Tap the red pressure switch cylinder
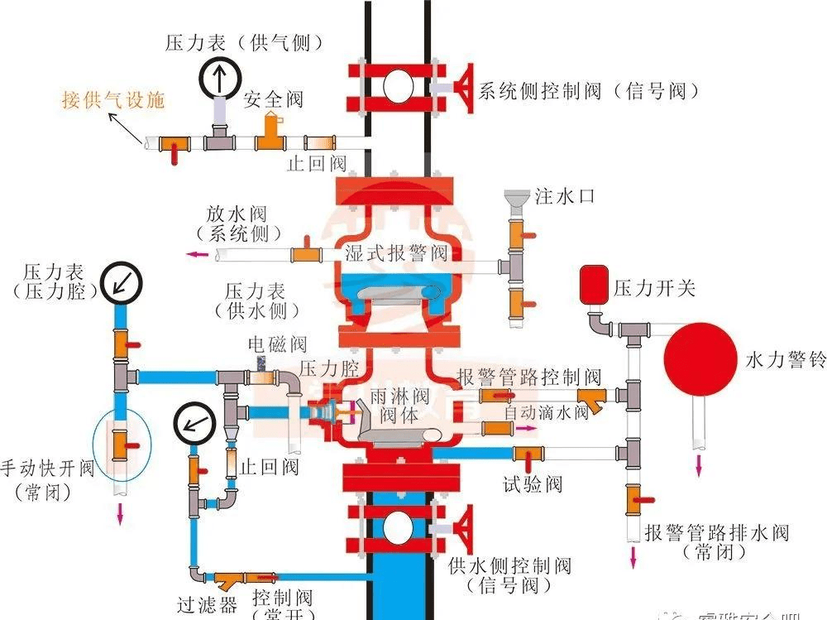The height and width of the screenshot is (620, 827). point(593,283)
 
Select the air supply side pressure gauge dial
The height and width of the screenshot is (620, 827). point(220,80)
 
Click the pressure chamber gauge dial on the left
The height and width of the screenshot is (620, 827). point(122,282)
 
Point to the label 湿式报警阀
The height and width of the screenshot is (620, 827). point(396,252)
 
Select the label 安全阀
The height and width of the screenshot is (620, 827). point(274,100)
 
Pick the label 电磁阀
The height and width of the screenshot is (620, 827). point(278,344)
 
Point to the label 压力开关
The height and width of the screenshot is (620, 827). point(654,288)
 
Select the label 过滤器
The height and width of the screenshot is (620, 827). point(207,604)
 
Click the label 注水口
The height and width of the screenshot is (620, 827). point(565,197)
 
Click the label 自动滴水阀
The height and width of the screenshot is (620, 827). point(547,412)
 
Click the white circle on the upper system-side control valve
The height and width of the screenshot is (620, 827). point(399,85)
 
